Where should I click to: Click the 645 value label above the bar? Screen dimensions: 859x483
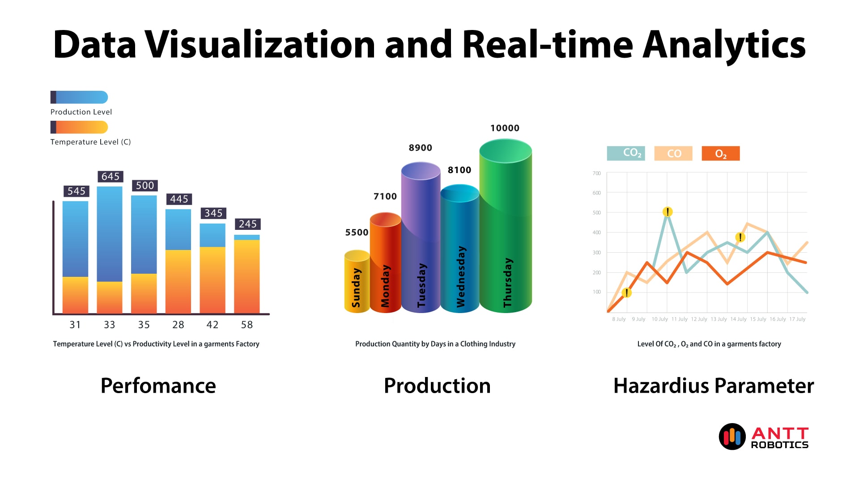click(x=111, y=176)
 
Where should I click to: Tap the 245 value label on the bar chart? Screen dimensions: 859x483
click(x=247, y=224)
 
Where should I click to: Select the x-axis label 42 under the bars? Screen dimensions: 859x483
click(x=213, y=325)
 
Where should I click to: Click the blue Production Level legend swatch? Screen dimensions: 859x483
click(x=79, y=97)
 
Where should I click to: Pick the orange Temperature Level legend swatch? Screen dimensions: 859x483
click(x=79, y=127)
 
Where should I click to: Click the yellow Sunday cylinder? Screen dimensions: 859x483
click(x=357, y=282)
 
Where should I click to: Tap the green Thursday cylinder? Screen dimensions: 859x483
click(x=506, y=226)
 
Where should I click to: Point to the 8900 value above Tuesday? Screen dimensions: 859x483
click(x=421, y=148)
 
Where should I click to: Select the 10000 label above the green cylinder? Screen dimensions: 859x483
click(x=505, y=128)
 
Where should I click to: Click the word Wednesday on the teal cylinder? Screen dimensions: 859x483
click(x=461, y=276)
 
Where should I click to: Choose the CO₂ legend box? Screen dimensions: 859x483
click(x=626, y=153)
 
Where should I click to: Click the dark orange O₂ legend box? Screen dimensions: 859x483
click(x=721, y=153)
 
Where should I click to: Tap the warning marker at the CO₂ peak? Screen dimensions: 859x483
click(x=668, y=212)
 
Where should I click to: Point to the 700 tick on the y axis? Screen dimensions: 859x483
click(x=596, y=173)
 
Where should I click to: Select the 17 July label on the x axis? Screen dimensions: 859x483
click(x=797, y=319)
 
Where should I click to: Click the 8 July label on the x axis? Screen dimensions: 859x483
click(x=619, y=319)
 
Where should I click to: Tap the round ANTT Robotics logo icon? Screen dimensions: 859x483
click(x=732, y=436)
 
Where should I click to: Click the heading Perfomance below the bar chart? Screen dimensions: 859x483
click(x=158, y=386)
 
